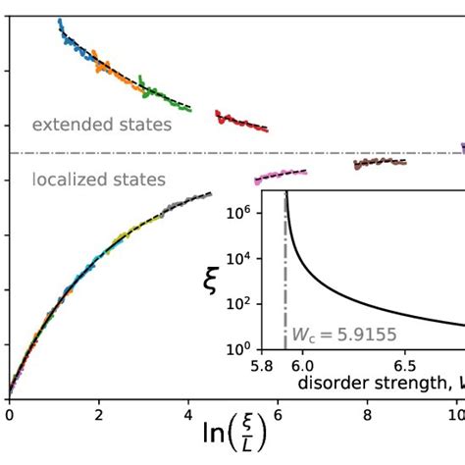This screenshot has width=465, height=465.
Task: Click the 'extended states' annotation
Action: point(101,125)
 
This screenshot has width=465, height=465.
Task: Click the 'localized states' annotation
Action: point(98,180)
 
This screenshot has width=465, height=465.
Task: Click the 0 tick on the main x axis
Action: point(9,415)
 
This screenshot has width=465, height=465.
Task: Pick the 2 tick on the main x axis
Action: point(98,415)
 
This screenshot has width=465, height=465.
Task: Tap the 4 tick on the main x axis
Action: point(188,415)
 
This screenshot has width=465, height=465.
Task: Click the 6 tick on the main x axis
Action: point(278,415)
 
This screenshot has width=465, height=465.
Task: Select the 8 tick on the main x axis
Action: point(368,415)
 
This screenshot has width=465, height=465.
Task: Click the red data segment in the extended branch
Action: point(240,122)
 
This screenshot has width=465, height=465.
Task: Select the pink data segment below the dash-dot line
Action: point(281,176)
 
